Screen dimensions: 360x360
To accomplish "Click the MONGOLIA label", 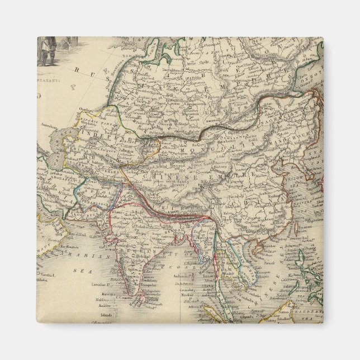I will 196,151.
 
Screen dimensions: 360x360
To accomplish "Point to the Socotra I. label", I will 49,278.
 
